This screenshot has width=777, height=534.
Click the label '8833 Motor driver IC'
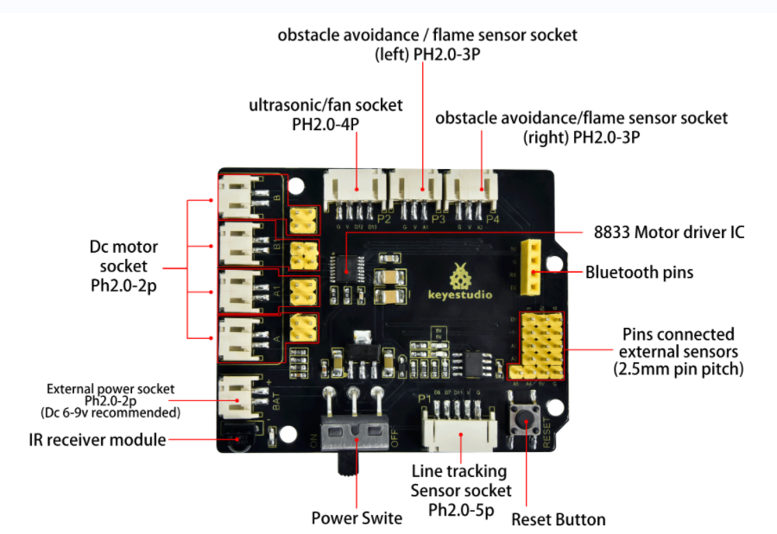click(668, 232)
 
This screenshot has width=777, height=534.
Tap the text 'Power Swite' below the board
click(357, 518)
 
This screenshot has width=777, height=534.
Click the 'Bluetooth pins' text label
click(639, 273)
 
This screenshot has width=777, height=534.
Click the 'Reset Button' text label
click(558, 519)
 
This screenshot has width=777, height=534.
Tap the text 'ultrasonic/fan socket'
click(325, 105)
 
